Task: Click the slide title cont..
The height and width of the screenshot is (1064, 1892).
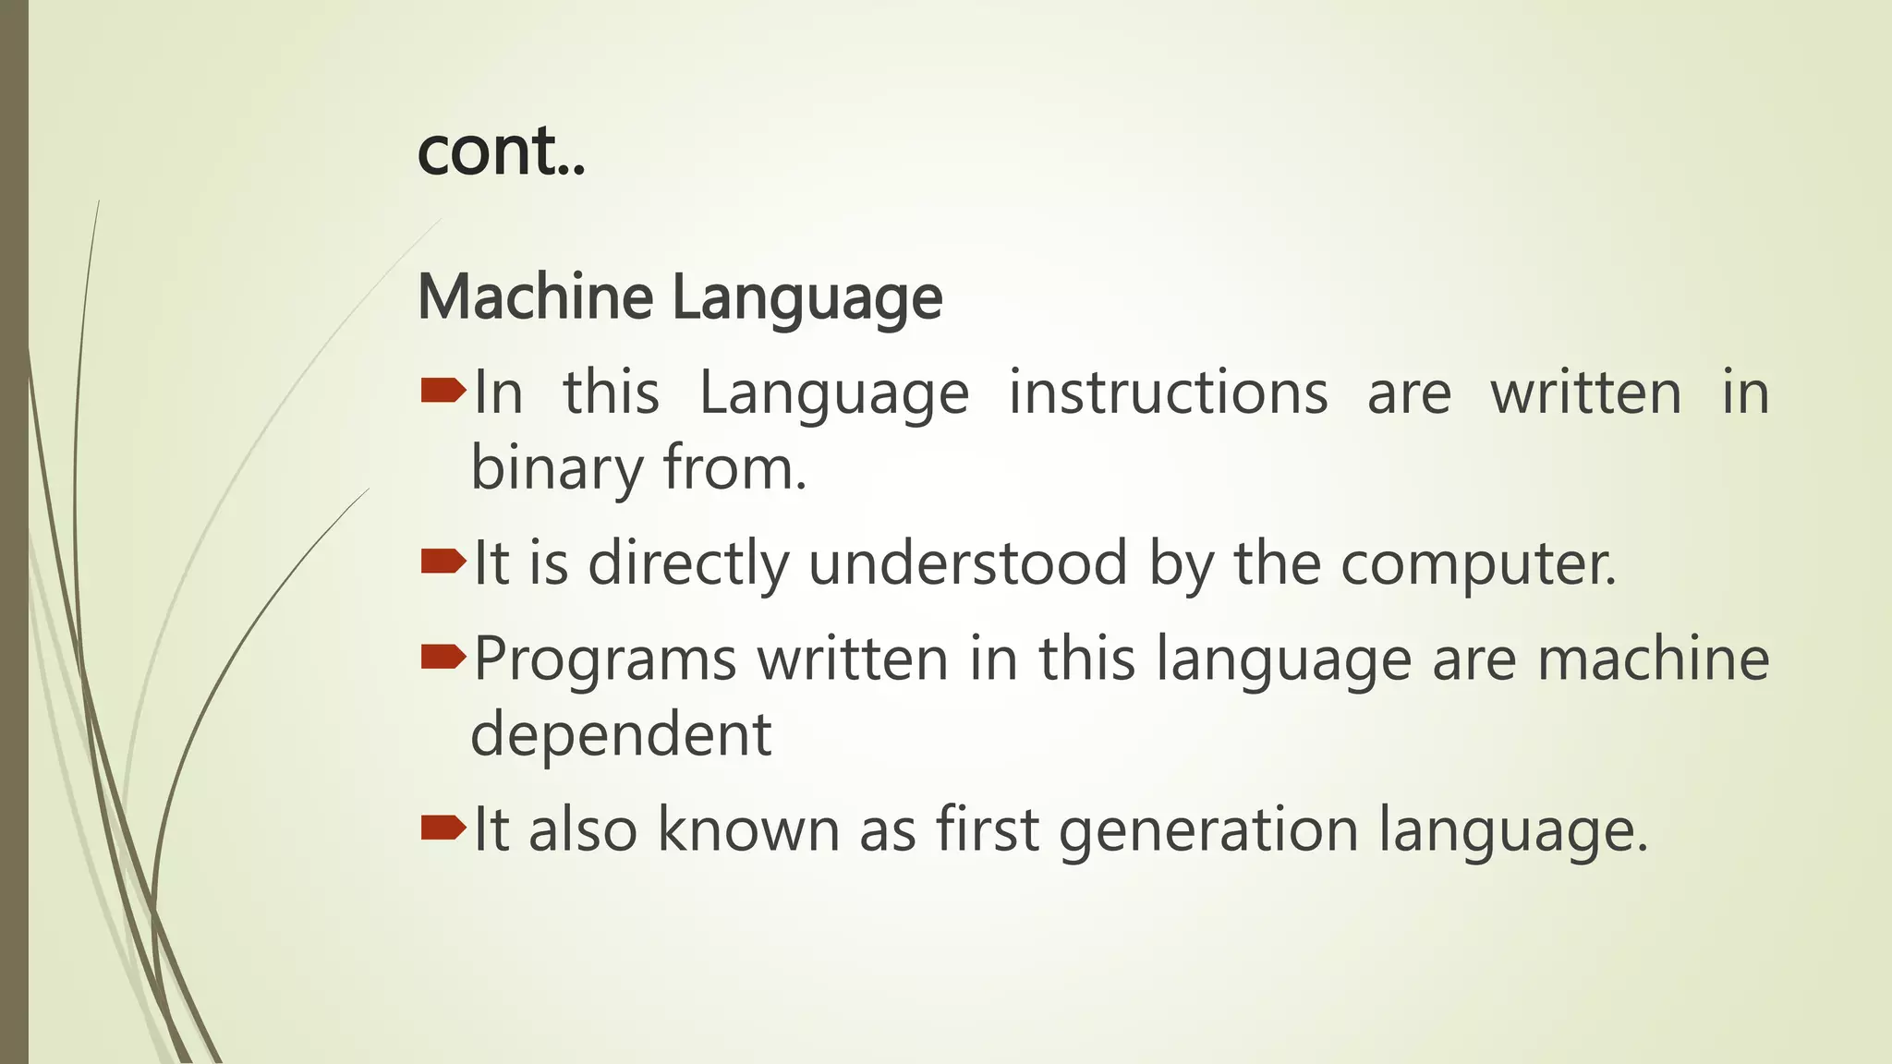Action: [501, 151]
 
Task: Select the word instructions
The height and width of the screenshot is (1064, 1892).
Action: [1168, 393]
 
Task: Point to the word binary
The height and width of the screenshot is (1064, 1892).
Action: [556, 468]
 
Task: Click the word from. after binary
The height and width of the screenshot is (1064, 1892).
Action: [734, 468]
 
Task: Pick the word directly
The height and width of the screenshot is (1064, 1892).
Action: [688, 563]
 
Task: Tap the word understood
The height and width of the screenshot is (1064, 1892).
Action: [967, 563]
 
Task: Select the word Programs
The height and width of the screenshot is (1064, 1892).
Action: [605, 660]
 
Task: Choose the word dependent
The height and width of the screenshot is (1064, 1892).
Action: [621, 735]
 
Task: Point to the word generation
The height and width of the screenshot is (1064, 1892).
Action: [1208, 830]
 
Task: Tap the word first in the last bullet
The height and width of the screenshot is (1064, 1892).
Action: [988, 828]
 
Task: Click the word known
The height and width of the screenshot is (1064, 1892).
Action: [747, 828]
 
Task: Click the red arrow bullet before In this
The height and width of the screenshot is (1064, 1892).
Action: [443, 393]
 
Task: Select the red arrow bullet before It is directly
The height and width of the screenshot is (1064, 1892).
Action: [443, 562]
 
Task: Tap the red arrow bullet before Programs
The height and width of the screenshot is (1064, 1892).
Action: [443, 658]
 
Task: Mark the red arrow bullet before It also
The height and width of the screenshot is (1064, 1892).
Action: [443, 828]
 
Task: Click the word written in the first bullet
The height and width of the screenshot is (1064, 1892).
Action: [1585, 393]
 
